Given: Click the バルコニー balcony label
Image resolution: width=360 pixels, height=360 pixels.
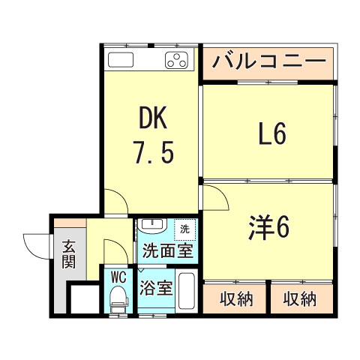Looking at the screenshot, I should [268, 61].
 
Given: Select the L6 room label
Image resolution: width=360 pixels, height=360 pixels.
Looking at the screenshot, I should [271, 135].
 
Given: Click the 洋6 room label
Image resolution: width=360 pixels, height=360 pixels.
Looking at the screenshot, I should [268, 226].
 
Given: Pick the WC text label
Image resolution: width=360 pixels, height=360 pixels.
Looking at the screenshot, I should [118, 277].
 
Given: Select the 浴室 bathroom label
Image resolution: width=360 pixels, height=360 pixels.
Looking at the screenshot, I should [157, 287].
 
